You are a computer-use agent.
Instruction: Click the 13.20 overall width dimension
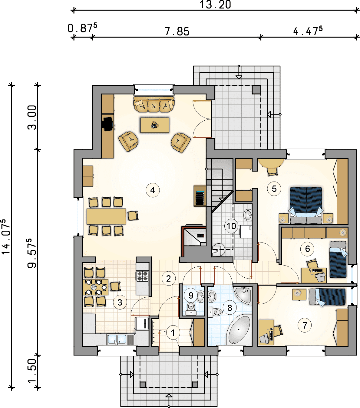(215, 5)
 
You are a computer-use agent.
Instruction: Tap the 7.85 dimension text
(177, 32)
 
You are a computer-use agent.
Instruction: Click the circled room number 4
(153, 190)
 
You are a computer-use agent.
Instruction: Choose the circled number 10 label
(231, 226)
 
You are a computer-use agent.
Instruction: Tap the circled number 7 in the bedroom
(305, 325)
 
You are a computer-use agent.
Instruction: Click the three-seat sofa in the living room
(154, 104)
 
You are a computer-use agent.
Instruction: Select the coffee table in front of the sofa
(154, 125)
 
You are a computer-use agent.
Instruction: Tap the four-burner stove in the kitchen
(142, 276)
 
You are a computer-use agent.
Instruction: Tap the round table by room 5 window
(271, 163)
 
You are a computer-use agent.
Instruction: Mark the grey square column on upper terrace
(256, 89)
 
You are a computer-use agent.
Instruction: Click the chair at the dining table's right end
(133, 216)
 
